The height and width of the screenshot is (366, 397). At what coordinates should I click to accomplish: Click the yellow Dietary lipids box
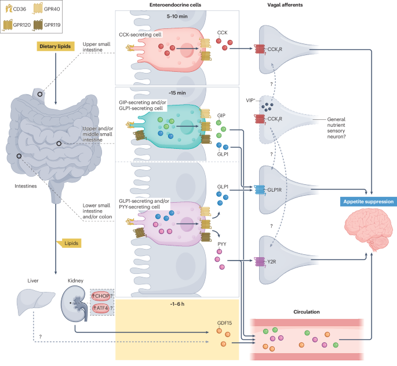coord(56,46)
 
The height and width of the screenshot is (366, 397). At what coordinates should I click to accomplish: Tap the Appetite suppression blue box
coord(369,202)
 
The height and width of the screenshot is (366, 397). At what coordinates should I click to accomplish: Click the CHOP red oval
coord(100,296)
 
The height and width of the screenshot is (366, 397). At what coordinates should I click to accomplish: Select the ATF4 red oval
coord(100,308)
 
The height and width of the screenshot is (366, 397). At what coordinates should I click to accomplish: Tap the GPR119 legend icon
coord(38,25)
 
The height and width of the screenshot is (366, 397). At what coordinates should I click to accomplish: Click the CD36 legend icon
coord(9,9)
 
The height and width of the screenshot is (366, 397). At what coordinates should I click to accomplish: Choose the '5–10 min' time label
coord(177,16)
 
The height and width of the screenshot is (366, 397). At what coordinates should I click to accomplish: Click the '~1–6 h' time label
coord(177,304)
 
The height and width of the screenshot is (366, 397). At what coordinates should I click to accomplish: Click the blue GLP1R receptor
coord(260,190)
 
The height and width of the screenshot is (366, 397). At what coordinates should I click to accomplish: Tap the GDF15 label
coord(224,323)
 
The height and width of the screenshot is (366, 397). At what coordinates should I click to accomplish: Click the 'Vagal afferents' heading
coord(285,5)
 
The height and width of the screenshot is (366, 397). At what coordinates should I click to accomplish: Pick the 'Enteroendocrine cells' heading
coord(175,5)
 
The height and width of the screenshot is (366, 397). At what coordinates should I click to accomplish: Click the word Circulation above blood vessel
coord(307,312)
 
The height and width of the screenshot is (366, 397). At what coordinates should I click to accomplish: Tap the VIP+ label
coord(250,100)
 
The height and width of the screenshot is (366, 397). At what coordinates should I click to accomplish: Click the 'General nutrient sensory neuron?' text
coord(336,128)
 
